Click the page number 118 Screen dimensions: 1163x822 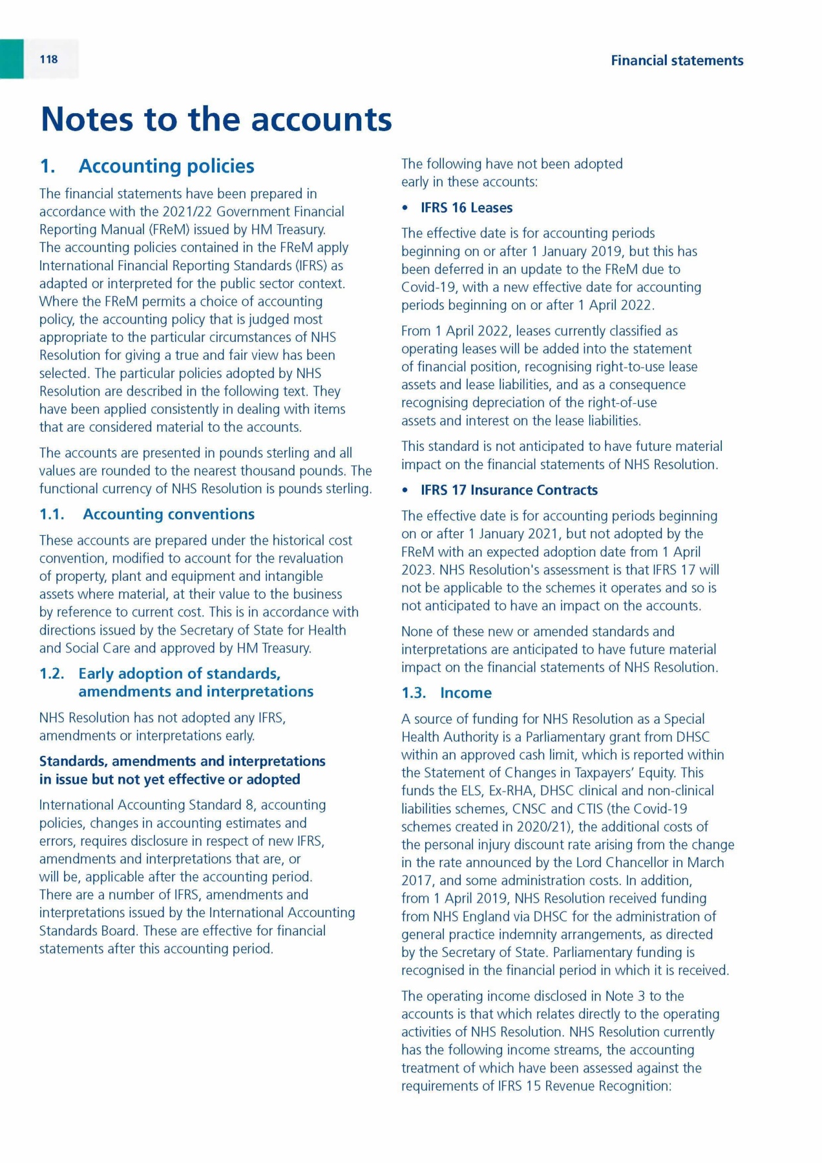click(x=48, y=59)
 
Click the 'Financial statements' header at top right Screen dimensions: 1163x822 click(x=677, y=61)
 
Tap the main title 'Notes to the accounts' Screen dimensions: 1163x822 click(x=216, y=120)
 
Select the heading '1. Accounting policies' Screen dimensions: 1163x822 click(x=147, y=166)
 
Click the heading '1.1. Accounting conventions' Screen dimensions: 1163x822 click(x=147, y=514)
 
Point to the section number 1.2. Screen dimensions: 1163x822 click(x=52, y=674)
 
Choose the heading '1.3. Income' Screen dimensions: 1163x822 click(x=446, y=693)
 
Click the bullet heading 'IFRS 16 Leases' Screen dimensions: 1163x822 click(x=466, y=208)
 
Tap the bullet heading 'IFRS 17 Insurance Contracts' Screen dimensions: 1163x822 click(x=509, y=490)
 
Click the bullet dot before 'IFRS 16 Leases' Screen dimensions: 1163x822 click(x=405, y=208)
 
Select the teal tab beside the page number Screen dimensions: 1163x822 click(x=12, y=59)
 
